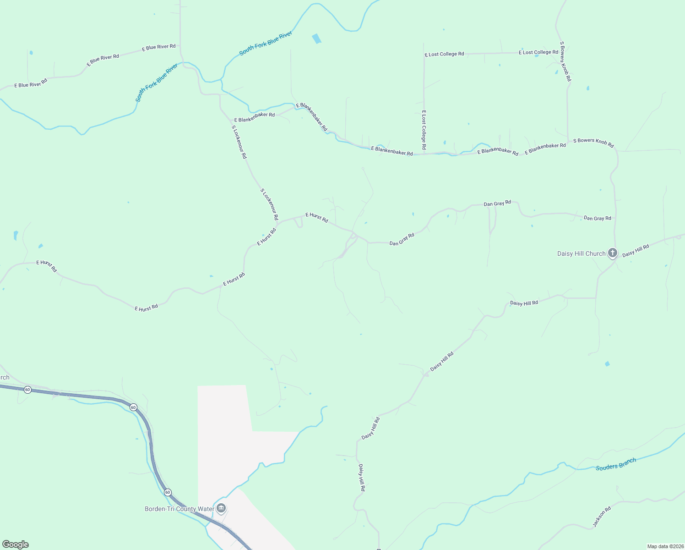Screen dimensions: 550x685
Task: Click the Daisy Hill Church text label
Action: pyautogui.click(x=581, y=253)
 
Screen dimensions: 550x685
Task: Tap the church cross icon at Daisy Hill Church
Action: pyautogui.click(x=613, y=253)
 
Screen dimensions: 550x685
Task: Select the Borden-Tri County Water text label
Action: pyautogui.click(x=179, y=509)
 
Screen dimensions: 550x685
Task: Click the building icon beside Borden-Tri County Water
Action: pyautogui.click(x=222, y=508)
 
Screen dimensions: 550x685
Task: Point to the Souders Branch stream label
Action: pyautogui.click(x=616, y=464)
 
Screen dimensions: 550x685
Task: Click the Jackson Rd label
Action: pyautogui.click(x=602, y=517)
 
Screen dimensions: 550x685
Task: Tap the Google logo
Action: pyautogui.click(x=16, y=544)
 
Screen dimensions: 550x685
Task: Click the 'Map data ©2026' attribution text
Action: pyautogui.click(x=665, y=546)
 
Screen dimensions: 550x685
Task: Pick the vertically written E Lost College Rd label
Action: pyautogui.click(x=424, y=130)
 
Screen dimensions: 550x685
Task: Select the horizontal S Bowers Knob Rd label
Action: pyautogui.click(x=593, y=143)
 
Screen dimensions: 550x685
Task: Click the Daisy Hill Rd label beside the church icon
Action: pyautogui.click(x=636, y=251)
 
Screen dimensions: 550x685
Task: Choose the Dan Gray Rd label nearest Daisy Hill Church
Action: pyautogui.click(x=597, y=218)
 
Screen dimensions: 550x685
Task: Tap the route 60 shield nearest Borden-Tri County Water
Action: pyautogui.click(x=168, y=492)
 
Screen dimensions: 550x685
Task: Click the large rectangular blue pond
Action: pyautogui.click(x=316, y=39)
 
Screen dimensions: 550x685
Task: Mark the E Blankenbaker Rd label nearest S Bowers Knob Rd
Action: pyautogui.click(x=545, y=148)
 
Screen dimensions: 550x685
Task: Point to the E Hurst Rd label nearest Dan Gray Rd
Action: pyautogui.click(x=317, y=217)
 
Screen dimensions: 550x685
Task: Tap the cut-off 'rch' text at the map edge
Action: pyautogui.click(x=5, y=378)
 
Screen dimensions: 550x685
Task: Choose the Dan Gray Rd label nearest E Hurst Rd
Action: pyautogui.click(x=402, y=240)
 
